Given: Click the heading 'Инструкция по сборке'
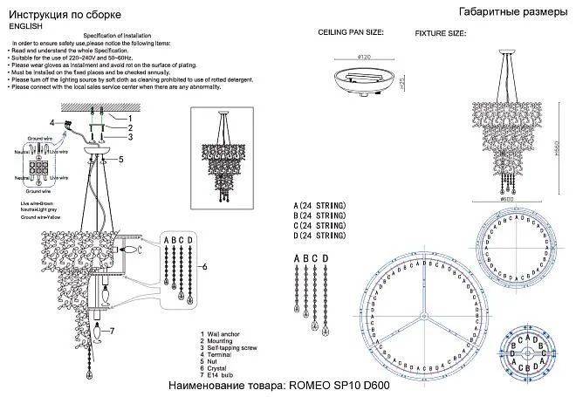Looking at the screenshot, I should pyautogui.click(x=54, y=14).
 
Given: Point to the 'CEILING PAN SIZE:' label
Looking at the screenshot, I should pyautogui.click(x=350, y=32).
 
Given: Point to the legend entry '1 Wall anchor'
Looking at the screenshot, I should pyautogui.click(x=221, y=333).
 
